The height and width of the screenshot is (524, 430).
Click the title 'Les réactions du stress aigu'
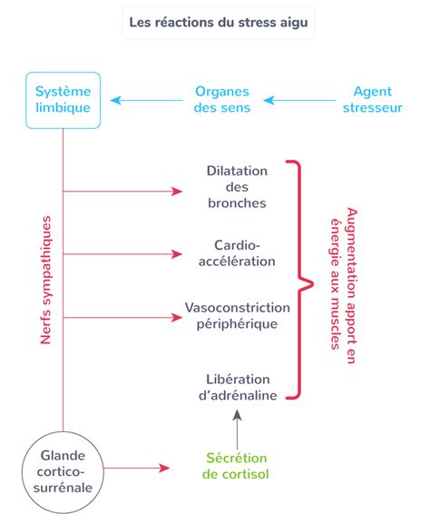click(219, 23)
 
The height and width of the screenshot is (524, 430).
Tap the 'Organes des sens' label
click(222, 100)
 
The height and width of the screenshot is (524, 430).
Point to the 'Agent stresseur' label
click(373, 100)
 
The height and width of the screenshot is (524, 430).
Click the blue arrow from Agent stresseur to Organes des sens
click(299, 100)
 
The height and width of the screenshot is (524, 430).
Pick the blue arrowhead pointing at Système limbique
click(115, 100)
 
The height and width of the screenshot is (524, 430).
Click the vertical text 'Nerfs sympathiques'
click(45, 280)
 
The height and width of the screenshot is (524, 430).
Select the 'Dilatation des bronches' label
click(237, 187)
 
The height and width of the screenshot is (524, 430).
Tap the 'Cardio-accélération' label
click(237, 253)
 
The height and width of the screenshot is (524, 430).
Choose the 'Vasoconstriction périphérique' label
click(238, 316)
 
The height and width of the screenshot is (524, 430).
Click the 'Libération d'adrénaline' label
click(238, 387)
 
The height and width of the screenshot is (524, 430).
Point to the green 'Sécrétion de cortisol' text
click(235, 466)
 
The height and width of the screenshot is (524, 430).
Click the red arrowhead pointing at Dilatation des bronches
click(177, 192)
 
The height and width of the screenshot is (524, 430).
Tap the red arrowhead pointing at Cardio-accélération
click(177, 254)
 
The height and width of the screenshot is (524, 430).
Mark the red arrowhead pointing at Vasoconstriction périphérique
click(177, 318)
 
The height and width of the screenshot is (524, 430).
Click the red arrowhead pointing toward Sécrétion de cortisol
click(164, 468)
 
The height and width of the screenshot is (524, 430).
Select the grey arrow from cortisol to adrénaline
click(237, 430)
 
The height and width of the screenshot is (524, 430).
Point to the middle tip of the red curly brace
click(313, 284)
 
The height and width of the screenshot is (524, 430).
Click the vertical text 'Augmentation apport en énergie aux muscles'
click(344, 285)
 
